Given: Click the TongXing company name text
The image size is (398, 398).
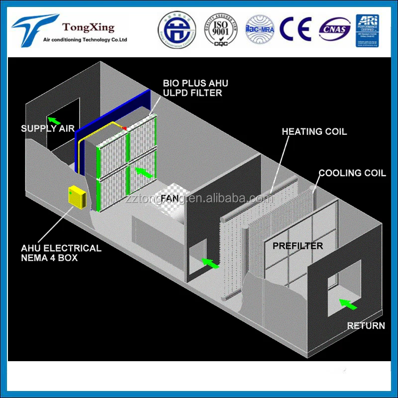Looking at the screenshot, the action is [x=88, y=27].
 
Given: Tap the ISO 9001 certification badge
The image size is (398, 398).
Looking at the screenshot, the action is [x=218, y=29].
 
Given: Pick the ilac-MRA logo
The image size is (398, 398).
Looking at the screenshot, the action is [x=260, y=29].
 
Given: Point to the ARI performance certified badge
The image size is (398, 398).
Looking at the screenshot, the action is [x=367, y=30].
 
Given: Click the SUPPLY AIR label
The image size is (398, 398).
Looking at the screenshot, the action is [x=47, y=129].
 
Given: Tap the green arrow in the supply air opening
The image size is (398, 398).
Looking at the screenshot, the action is [x=52, y=120].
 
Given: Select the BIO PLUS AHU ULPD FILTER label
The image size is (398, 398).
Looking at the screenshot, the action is [x=195, y=88].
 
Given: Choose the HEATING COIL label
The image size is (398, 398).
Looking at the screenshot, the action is [x=314, y=132].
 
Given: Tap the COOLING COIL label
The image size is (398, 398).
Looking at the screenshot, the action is [x=352, y=173].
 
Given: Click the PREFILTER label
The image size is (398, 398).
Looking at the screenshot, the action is [x=297, y=246].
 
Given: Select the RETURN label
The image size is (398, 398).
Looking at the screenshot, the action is [x=366, y=326].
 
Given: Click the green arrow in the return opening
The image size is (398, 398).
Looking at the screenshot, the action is [x=347, y=304].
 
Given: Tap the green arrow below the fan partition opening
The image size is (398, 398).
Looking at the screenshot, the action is [x=211, y=263].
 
